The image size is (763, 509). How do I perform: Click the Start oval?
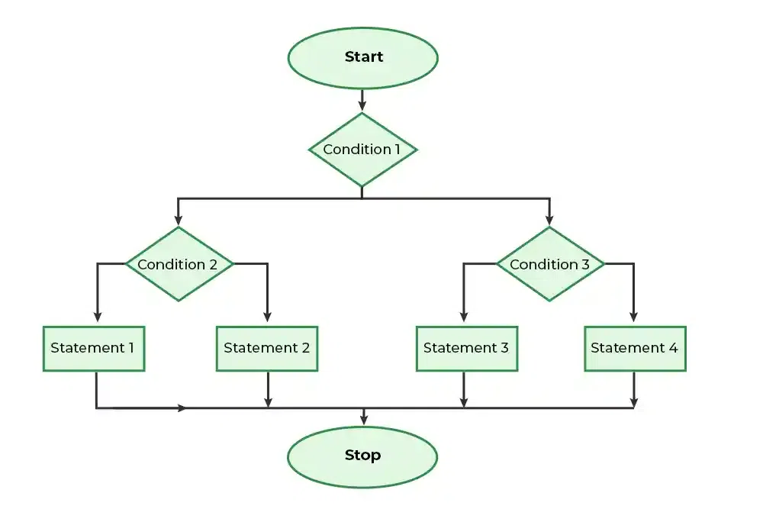click(x=363, y=58)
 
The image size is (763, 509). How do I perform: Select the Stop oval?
click(x=362, y=456)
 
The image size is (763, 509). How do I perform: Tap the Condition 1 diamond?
click(x=362, y=150)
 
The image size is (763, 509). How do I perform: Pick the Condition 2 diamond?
click(x=179, y=264)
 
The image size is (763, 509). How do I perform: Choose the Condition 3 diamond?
click(x=550, y=264)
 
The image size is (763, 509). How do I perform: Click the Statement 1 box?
click(x=94, y=349)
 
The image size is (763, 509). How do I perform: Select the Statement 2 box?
click(x=267, y=349)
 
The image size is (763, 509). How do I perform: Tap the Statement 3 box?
click(x=467, y=349)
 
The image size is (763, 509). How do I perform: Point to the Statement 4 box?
click(x=635, y=349)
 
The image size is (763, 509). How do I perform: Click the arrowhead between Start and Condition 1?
click(x=362, y=105)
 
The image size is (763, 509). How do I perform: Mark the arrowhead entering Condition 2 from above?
click(x=178, y=219)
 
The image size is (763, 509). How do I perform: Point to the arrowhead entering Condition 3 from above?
click(x=550, y=219)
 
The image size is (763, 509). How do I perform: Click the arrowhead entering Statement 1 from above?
click(x=98, y=316)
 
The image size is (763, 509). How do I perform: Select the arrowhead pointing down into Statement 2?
click(x=267, y=316)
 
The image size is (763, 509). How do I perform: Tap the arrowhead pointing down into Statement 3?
click(x=464, y=316)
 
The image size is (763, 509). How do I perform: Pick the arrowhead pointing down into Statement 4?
click(x=633, y=316)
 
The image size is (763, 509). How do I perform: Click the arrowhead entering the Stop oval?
click(x=363, y=419)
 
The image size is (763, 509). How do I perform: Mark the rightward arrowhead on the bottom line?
click(x=182, y=408)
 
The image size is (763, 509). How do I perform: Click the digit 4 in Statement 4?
click(x=673, y=348)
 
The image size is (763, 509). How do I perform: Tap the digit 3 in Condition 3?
click(x=585, y=264)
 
